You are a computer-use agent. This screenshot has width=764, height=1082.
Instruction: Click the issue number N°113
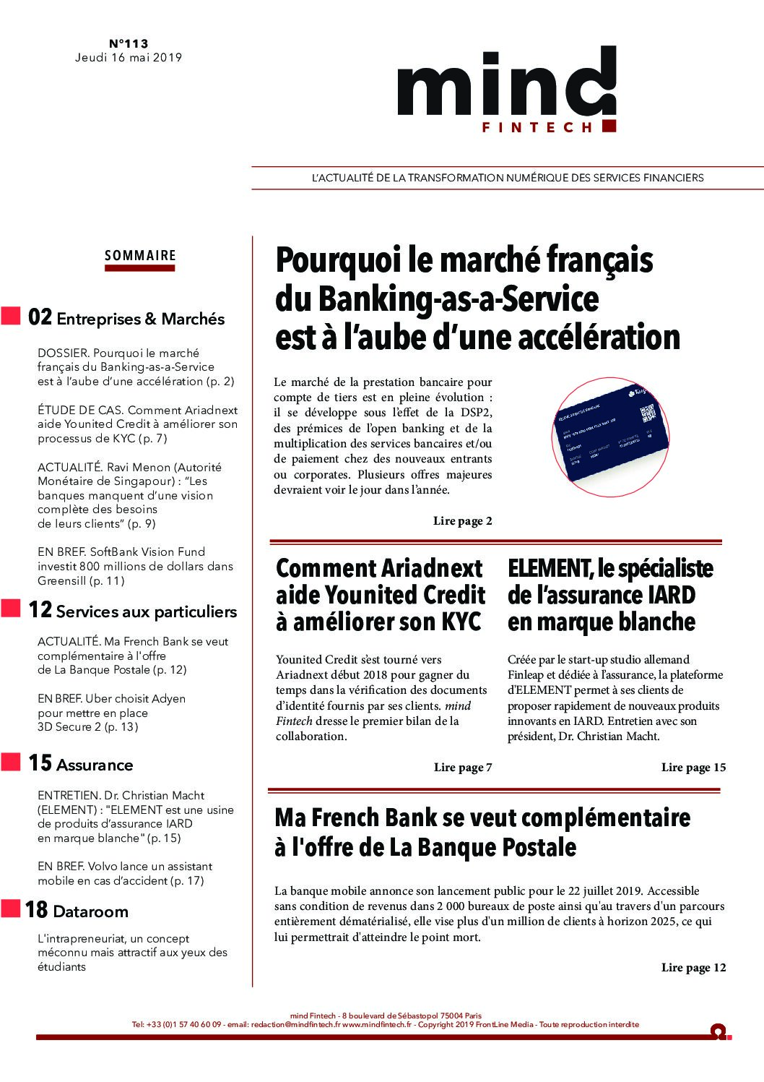(129, 44)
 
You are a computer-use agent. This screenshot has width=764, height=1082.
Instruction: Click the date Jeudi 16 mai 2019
(129, 58)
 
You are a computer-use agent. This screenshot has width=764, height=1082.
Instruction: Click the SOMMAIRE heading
(140, 255)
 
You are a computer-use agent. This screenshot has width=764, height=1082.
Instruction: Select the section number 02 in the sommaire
(40, 318)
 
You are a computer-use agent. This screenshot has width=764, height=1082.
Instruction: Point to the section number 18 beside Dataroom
(36, 909)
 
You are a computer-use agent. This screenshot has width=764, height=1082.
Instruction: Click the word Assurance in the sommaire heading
(95, 765)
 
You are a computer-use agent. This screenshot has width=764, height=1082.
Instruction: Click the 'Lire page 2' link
(462, 520)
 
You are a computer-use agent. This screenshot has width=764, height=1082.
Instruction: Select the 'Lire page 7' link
(462, 767)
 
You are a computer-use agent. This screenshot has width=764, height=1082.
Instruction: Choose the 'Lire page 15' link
(693, 767)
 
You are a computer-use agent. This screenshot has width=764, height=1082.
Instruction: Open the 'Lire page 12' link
(693, 967)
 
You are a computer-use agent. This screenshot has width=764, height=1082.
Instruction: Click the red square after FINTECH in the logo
(608, 126)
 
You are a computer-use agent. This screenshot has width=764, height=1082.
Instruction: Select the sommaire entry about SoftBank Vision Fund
(135, 566)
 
